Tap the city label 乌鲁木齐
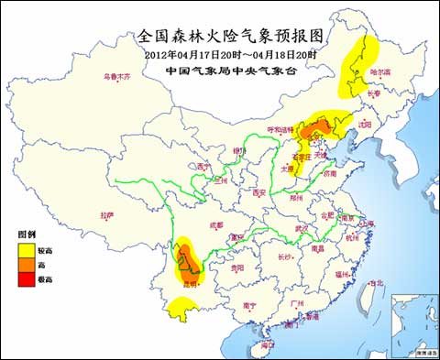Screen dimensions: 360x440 point(116,77)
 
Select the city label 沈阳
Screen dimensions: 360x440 point(367,123)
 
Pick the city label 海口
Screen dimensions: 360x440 point(267,344)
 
